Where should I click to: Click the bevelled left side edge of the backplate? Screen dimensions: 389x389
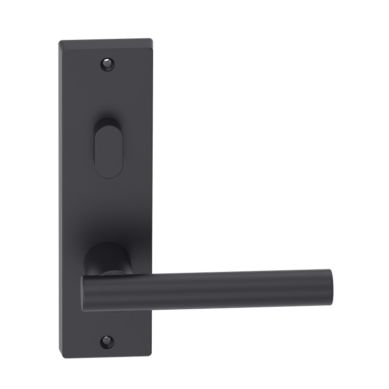click(x=62, y=194)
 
